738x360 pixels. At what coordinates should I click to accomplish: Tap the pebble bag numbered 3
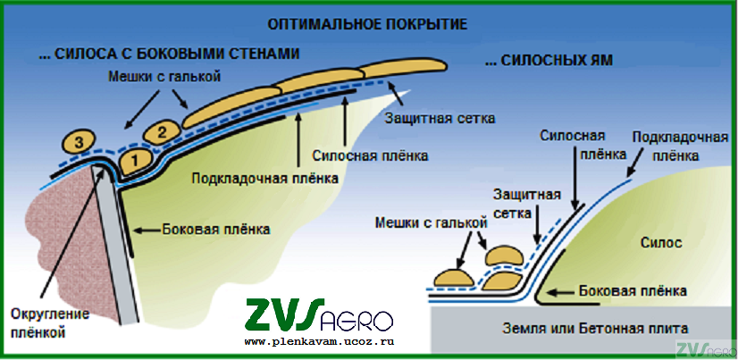coord(79,141)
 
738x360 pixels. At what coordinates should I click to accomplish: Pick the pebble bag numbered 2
coord(161,132)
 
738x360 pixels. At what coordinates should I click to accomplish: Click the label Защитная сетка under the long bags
coord(440,118)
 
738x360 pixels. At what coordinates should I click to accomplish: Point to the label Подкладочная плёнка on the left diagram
coord(265,177)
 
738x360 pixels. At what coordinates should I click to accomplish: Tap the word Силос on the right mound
coord(663,242)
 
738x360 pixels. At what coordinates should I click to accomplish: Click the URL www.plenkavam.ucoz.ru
coord(318,342)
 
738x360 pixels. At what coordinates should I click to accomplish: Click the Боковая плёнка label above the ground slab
coord(633,291)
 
